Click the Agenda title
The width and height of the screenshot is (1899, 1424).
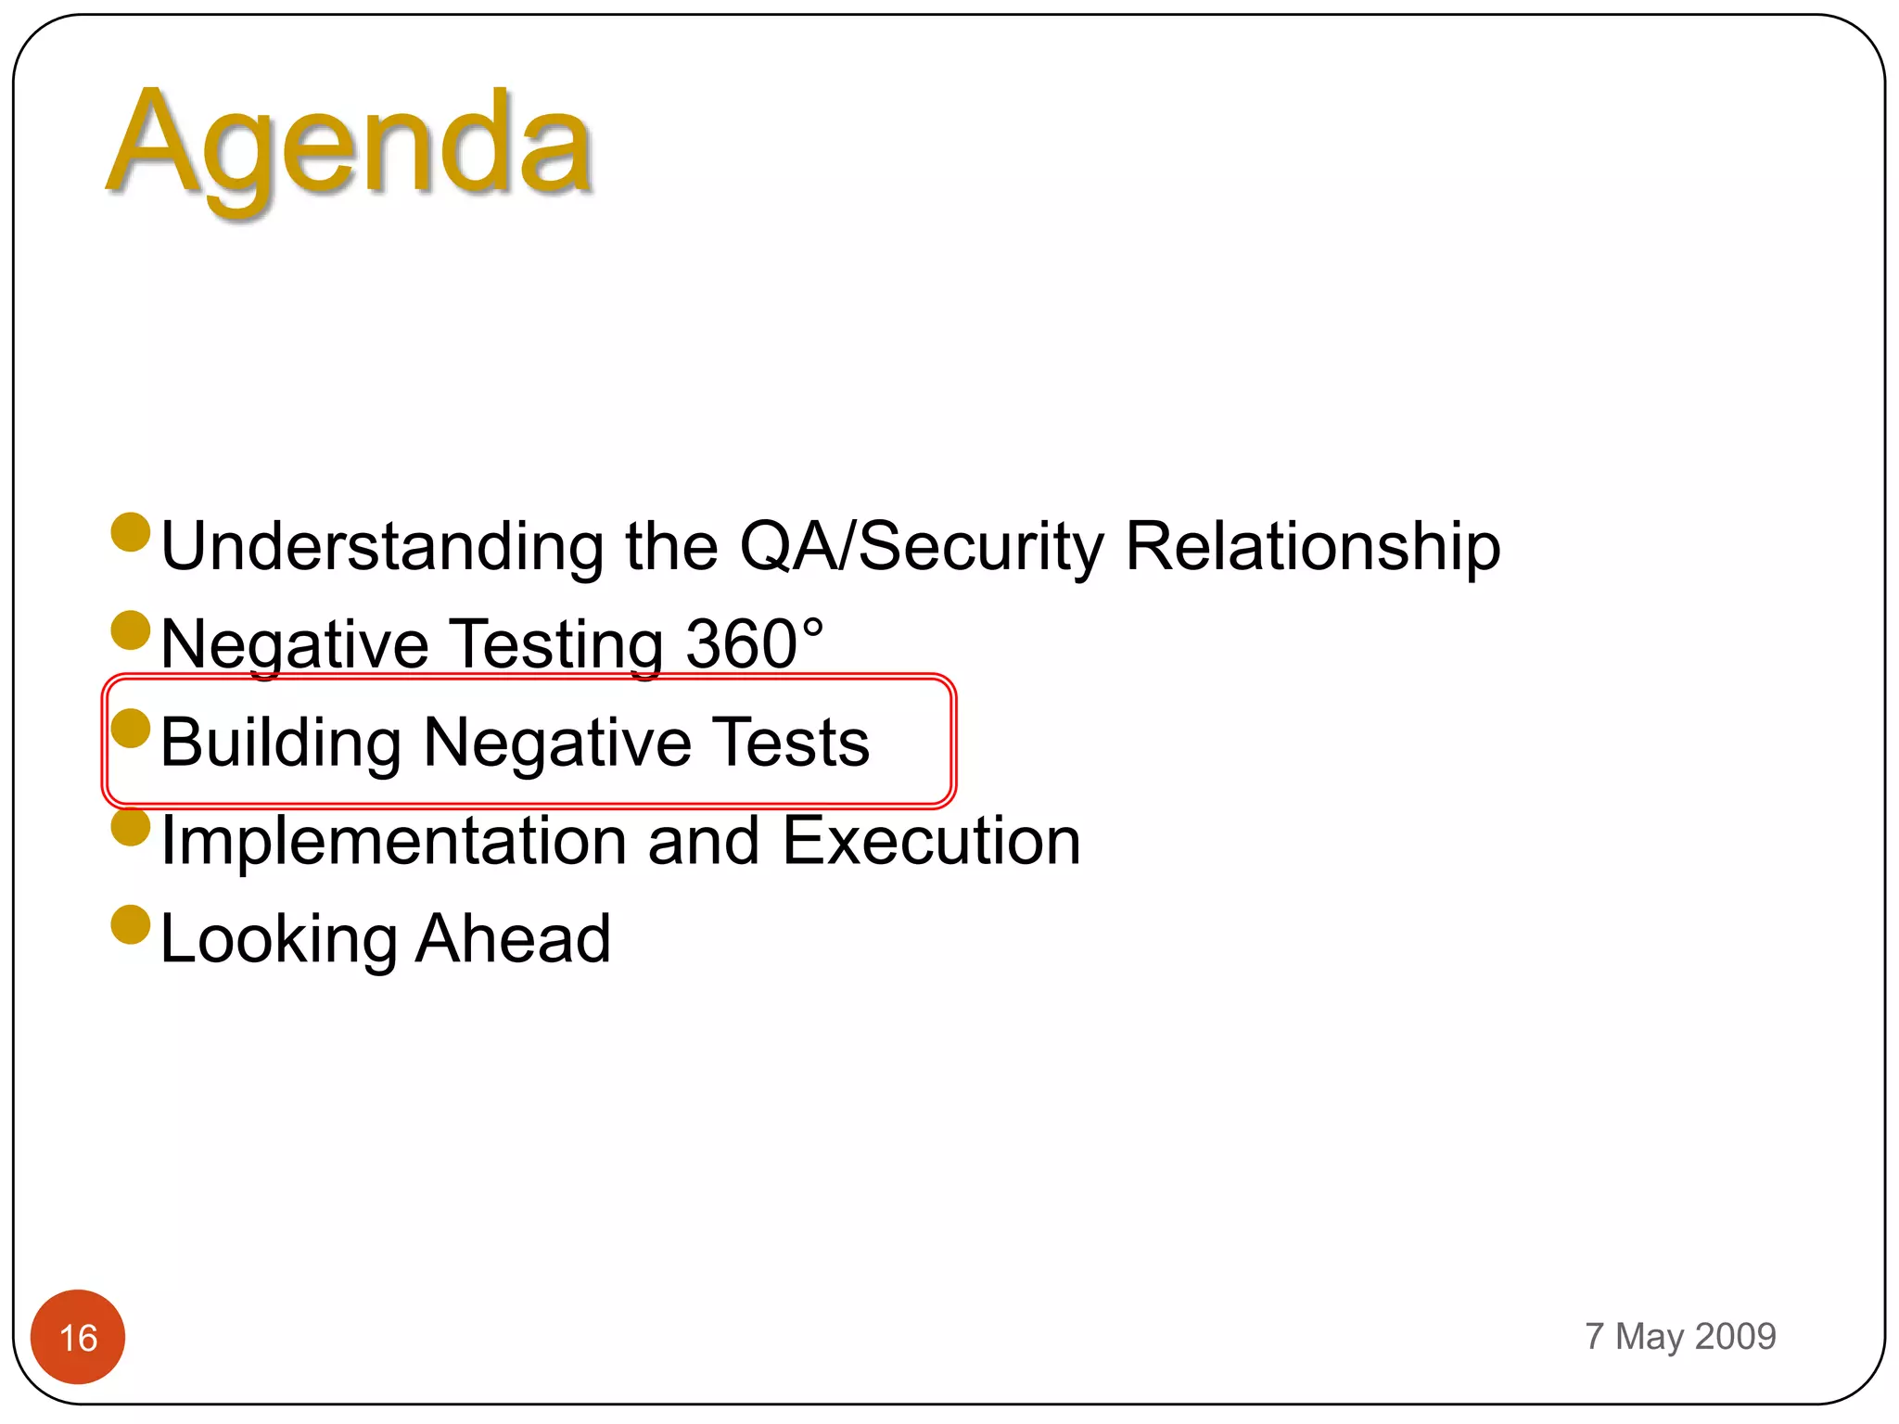[x=350, y=146]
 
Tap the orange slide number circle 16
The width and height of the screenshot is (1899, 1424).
[x=78, y=1337]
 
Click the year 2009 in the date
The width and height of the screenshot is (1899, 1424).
[x=1736, y=1336]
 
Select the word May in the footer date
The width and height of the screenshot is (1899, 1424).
[x=1649, y=1336]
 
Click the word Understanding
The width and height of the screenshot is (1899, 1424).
[x=382, y=546]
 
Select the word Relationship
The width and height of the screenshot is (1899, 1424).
[x=1312, y=546]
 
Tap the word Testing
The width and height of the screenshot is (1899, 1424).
[x=556, y=643]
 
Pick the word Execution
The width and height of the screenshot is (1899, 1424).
[x=931, y=841]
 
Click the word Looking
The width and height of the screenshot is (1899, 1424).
[x=278, y=939]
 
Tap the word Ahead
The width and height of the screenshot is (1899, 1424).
[x=513, y=939]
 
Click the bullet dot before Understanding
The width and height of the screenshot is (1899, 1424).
[x=131, y=532]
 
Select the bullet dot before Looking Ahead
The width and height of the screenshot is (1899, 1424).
[x=131, y=925]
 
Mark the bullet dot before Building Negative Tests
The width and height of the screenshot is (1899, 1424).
[x=131, y=728]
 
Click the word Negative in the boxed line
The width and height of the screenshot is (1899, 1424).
[x=556, y=743]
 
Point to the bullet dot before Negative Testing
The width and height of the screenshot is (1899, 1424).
[x=131, y=630]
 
